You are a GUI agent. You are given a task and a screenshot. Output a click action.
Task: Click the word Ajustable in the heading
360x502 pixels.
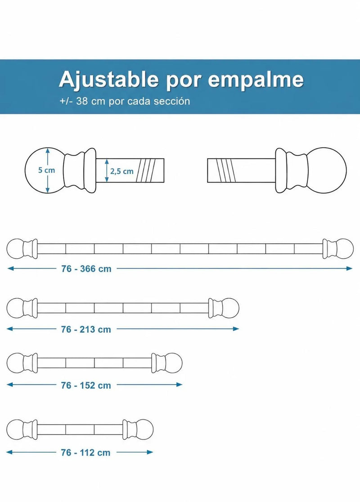[x=108, y=80]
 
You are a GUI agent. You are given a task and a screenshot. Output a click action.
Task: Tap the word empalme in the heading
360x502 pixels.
[x=256, y=80]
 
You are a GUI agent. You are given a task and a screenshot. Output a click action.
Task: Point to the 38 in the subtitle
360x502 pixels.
[x=81, y=101]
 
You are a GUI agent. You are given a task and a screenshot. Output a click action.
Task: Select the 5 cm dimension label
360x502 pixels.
[x=46, y=170]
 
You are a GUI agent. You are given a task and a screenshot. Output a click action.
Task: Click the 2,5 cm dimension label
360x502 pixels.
[x=121, y=171]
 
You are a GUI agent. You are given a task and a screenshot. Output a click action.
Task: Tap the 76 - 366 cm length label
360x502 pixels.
[x=86, y=269]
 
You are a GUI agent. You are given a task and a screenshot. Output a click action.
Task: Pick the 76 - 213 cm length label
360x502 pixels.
[x=86, y=329]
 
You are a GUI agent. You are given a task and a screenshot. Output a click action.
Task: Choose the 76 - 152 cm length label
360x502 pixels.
[x=86, y=385]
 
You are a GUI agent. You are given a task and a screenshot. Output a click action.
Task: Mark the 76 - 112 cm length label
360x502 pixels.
[x=85, y=453]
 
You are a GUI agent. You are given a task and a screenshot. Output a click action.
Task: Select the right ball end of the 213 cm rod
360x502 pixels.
[x=230, y=308]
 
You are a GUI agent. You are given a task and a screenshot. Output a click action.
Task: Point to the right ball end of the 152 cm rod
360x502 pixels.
[x=173, y=363]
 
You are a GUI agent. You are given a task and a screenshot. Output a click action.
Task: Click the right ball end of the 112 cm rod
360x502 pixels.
[x=144, y=429]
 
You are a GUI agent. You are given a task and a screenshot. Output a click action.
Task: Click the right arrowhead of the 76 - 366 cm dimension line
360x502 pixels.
[x=350, y=269]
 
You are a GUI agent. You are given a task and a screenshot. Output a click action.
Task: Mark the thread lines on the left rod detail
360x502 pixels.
[x=146, y=170]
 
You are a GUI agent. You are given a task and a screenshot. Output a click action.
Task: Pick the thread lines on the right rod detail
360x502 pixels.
[x=226, y=170]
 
